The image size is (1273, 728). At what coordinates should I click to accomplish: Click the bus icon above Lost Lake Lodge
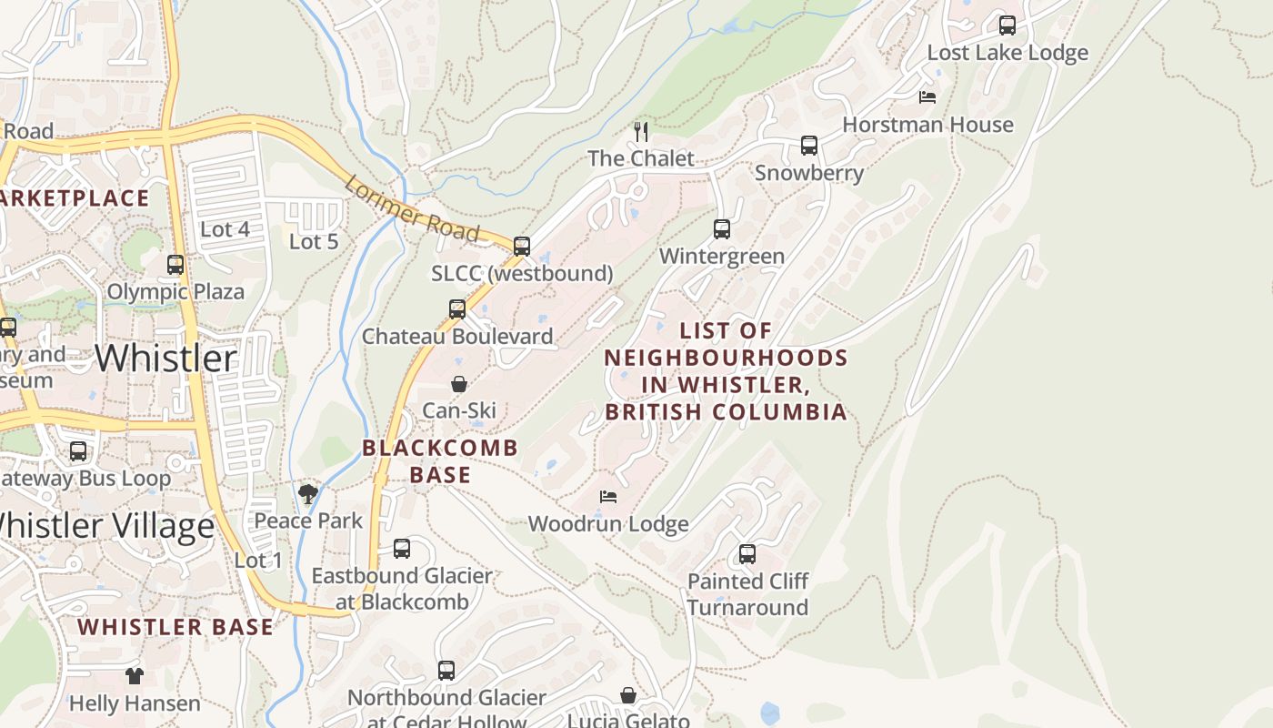1007,25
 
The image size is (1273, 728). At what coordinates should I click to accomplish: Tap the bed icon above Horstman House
927,96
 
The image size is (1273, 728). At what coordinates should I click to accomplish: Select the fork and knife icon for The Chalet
641,132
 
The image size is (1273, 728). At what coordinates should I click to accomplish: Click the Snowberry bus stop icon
808,146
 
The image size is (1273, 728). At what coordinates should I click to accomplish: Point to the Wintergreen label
721,256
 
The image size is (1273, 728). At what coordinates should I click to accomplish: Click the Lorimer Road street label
412,208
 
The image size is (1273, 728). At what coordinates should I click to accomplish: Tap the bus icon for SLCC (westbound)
521,247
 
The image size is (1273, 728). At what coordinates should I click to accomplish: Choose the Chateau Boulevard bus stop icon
457,309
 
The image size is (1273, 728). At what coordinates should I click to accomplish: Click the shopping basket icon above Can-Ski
459,384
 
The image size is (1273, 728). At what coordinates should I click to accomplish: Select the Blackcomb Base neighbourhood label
440,460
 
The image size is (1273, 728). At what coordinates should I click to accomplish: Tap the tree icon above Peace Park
308,494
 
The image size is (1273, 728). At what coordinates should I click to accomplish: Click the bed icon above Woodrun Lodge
608,497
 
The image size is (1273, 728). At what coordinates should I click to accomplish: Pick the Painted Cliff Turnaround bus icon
747,553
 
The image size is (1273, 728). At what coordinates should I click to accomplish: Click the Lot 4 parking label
225,229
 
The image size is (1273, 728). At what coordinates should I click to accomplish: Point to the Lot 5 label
314,241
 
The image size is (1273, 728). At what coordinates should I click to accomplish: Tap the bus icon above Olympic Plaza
175,265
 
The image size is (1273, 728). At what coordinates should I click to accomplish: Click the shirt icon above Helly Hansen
135,675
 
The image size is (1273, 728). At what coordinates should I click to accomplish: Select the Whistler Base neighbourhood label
175,626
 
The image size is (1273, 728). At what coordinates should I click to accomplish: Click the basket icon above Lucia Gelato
627,696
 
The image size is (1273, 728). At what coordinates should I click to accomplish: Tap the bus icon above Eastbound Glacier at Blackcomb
401,549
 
